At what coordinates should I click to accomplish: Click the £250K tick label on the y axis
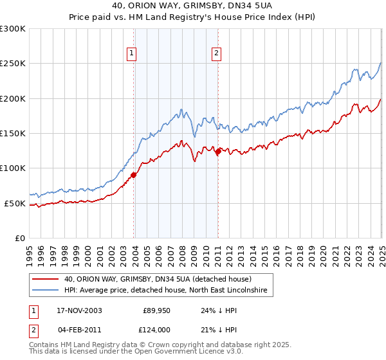[x=12, y=64]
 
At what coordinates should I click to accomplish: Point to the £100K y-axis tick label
[x=12, y=168]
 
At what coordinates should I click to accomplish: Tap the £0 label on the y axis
[x=19, y=238]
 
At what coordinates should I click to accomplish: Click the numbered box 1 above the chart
[x=131, y=54]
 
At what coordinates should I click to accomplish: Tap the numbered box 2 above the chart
[x=216, y=54]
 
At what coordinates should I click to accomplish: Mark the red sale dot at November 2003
[x=134, y=175]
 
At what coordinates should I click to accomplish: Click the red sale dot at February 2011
[x=218, y=152]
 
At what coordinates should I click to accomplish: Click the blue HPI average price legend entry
[x=169, y=291]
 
